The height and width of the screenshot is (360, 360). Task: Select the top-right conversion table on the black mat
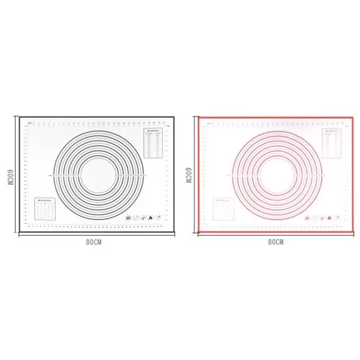[150, 142]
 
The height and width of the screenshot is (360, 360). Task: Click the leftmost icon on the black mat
[128, 217]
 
